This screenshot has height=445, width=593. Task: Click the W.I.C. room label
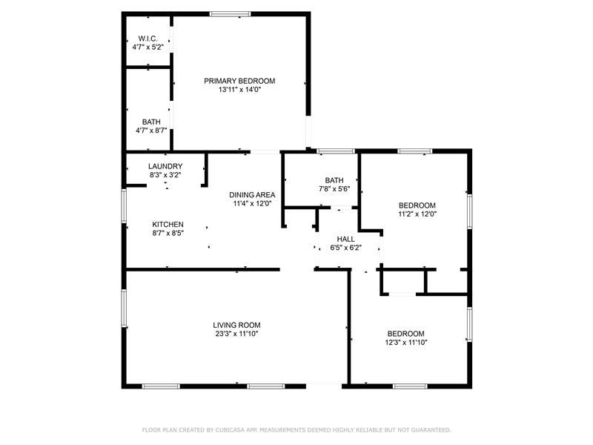tap(148, 39)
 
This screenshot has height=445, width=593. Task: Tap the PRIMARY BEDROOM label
tap(239, 81)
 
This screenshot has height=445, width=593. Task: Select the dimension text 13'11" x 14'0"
tap(239, 90)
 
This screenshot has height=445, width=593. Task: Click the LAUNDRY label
tap(165, 166)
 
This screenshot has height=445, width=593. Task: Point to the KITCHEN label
tap(168, 225)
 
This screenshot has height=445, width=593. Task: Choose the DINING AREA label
tap(252, 195)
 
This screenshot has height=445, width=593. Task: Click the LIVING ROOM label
tap(236, 325)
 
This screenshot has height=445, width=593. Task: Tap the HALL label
tap(346, 239)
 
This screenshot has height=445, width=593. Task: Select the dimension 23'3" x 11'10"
tap(236, 334)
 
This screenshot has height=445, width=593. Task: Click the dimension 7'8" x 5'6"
tap(334, 189)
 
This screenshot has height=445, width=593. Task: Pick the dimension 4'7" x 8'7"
tap(151, 131)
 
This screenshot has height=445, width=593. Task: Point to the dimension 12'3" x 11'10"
tap(405, 343)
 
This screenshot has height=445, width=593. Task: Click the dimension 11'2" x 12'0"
tap(417, 214)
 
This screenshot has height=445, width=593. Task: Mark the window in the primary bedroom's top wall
tap(231, 14)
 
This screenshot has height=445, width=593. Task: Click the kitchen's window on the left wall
tap(124, 205)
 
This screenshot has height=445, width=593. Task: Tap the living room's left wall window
tap(124, 308)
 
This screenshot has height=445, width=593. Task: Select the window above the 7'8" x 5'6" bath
tap(337, 151)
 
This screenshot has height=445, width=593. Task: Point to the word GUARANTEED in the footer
tap(431, 430)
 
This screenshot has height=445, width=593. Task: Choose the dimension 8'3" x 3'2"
tap(165, 175)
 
